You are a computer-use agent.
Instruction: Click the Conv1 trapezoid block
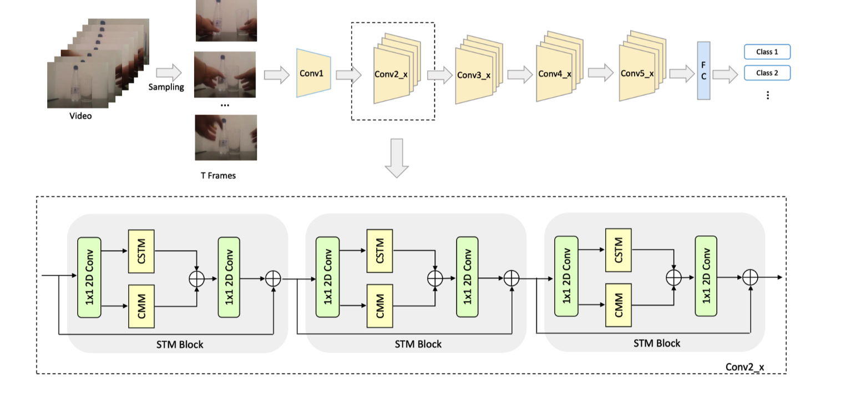tap(314, 73)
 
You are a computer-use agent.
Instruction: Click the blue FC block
tap(703, 71)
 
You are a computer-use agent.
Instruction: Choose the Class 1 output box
tap(767, 52)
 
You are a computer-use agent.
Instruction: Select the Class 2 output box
tap(767, 73)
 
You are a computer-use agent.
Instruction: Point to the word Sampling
tap(166, 87)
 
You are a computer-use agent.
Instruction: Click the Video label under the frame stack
tap(80, 116)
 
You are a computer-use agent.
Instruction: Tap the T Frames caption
tap(218, 175)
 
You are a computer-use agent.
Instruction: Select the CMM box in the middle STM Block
tap(380, 306)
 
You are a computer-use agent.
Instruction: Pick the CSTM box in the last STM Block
tap(619, 250)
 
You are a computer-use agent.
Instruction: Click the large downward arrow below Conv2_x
tap(397, 158)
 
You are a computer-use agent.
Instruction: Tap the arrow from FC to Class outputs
tap(725, 74)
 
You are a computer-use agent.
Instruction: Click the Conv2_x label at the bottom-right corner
tap(745, 367)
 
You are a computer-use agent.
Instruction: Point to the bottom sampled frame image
tap(225, 138)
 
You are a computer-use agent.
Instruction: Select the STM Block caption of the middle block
tap(418, 344)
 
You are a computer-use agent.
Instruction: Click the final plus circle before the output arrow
tap(750, 277)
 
